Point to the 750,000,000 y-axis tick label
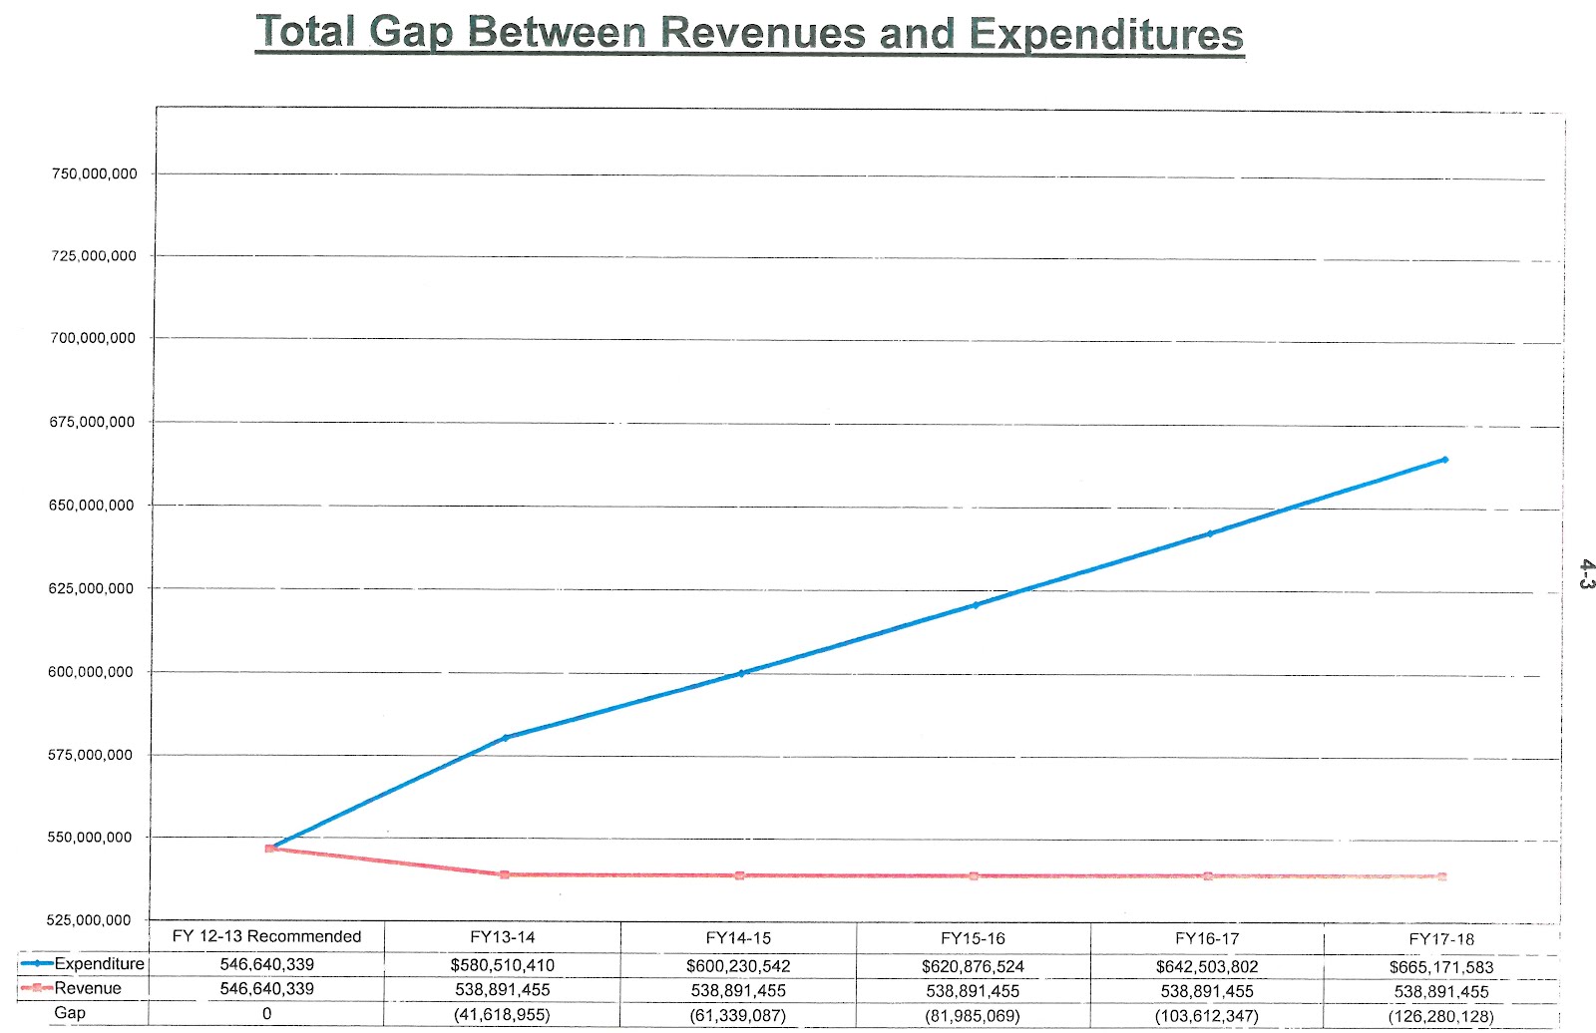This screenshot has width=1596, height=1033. [94, 173]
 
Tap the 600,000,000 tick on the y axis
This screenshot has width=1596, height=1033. [91, 672]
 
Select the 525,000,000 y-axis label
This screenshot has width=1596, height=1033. [89, 919]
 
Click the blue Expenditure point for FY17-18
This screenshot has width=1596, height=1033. [1444, 460]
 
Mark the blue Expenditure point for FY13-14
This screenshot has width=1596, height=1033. [505, 738]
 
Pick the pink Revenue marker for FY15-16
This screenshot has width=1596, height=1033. [975, 876]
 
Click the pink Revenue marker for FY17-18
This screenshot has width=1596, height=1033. [1442, 877]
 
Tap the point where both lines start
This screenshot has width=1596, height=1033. [269, 849]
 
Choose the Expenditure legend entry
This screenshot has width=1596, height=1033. [85, 964]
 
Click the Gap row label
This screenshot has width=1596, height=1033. [70, 1013]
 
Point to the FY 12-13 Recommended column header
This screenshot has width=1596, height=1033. [266, 936]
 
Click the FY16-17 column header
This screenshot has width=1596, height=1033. [1207, 938]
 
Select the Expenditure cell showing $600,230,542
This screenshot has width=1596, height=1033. [738, 966]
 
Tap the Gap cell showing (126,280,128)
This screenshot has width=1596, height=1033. [1440, 1017]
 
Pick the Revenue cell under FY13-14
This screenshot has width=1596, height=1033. [503, 990]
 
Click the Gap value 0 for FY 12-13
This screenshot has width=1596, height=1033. [266, 1014]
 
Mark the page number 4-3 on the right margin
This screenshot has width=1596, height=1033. [1586, 574]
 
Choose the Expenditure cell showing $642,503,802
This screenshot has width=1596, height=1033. [1207, 967]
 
